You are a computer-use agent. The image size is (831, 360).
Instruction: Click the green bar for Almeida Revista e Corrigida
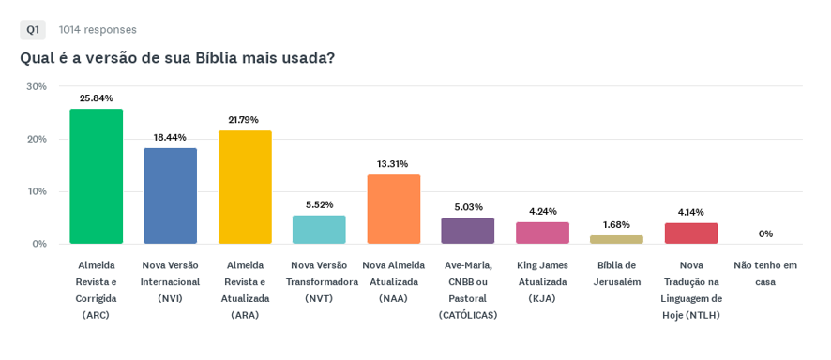pos(96,176)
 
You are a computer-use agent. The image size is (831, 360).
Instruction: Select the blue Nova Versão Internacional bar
pos(170,196)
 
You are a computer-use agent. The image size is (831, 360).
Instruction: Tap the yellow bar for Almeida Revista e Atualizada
pos(245,187)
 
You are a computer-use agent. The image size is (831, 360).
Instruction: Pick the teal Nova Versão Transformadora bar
pos(319,230)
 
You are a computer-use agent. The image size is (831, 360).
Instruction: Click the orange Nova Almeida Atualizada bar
pos(394,209)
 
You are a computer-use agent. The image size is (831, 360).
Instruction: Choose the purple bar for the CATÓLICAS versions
pos(468,231)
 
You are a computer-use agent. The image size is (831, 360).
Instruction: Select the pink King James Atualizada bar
pos(543,232)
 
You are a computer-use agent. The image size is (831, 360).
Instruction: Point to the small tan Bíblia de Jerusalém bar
pos(616,239)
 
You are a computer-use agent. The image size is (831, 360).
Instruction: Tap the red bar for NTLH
pos(691,232)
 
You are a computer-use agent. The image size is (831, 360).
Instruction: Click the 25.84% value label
pos(96,97)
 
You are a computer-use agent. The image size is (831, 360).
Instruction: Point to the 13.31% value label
pos(393,163)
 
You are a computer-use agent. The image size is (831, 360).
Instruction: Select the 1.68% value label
pos(616,224)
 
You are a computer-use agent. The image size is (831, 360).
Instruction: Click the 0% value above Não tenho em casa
pos(765,233)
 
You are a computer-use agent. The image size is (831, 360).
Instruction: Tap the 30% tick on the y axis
pos(37,86)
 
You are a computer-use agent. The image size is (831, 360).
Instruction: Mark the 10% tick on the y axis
pos(37,191)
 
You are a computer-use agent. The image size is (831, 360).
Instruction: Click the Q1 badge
pos(33,30)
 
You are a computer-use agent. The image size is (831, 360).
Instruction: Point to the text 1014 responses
pos(98,30)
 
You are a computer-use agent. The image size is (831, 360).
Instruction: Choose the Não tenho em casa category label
pos(765,273)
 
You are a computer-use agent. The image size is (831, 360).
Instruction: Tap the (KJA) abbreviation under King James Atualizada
pos(542,298)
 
